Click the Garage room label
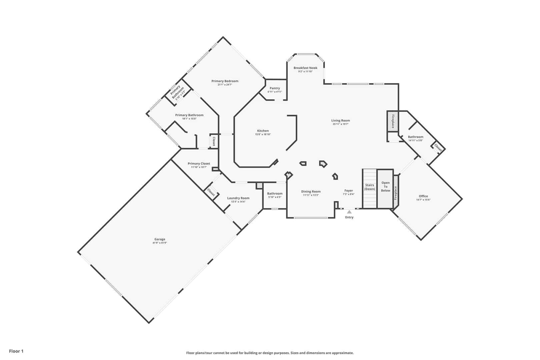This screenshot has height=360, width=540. pyautogui.click(x=160, y=239)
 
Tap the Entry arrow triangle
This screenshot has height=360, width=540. pyautogui.click(x=349, y=212)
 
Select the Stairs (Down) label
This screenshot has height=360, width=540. pyautogui.click(x=370, y=187)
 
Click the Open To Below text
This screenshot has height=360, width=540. pyautogui.click(x=385, y=187)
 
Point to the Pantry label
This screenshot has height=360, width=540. pyautogui.click(x=275, y=88)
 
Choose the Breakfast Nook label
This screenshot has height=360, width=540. pyautogui.click(x=305, y=68)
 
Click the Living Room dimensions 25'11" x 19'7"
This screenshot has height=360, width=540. pyautogui.click(x=340, y=124)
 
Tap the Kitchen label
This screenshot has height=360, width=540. pyautogui.click(x=263, y=131)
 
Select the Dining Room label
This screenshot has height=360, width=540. pyautogui.click(x=311, y=191)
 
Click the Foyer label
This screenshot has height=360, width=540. pyautogui.click(x=349, y=190)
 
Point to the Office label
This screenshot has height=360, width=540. pyautogui.click(x=423, y=196)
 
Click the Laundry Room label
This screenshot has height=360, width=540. pyautogui.click(x=238, y=198)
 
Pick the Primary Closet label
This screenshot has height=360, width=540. pyautogui.click(x=199, y=163)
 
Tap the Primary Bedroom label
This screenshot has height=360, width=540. pyautogui.click(x=225, y=81)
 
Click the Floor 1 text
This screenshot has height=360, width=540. pyautogui.click(x=16, y=351)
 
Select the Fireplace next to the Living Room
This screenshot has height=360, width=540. pyautogui.click(x=393, y=121)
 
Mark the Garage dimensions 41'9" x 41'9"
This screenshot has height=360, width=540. pyautogui.click(x=160, y=243)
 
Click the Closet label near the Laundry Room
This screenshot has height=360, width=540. pyautogui.click(x=211, y=192)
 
